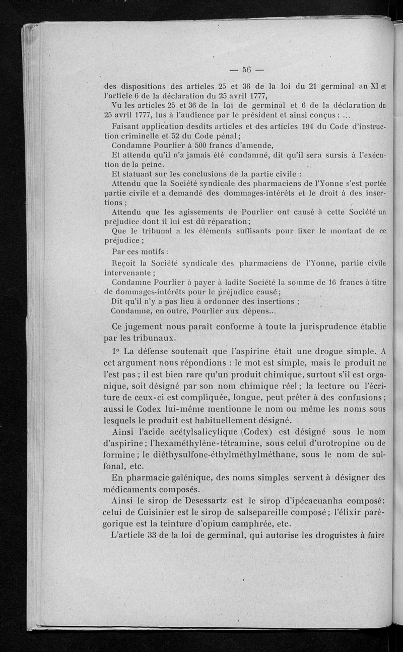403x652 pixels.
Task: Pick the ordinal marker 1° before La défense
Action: tap(116, 351)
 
